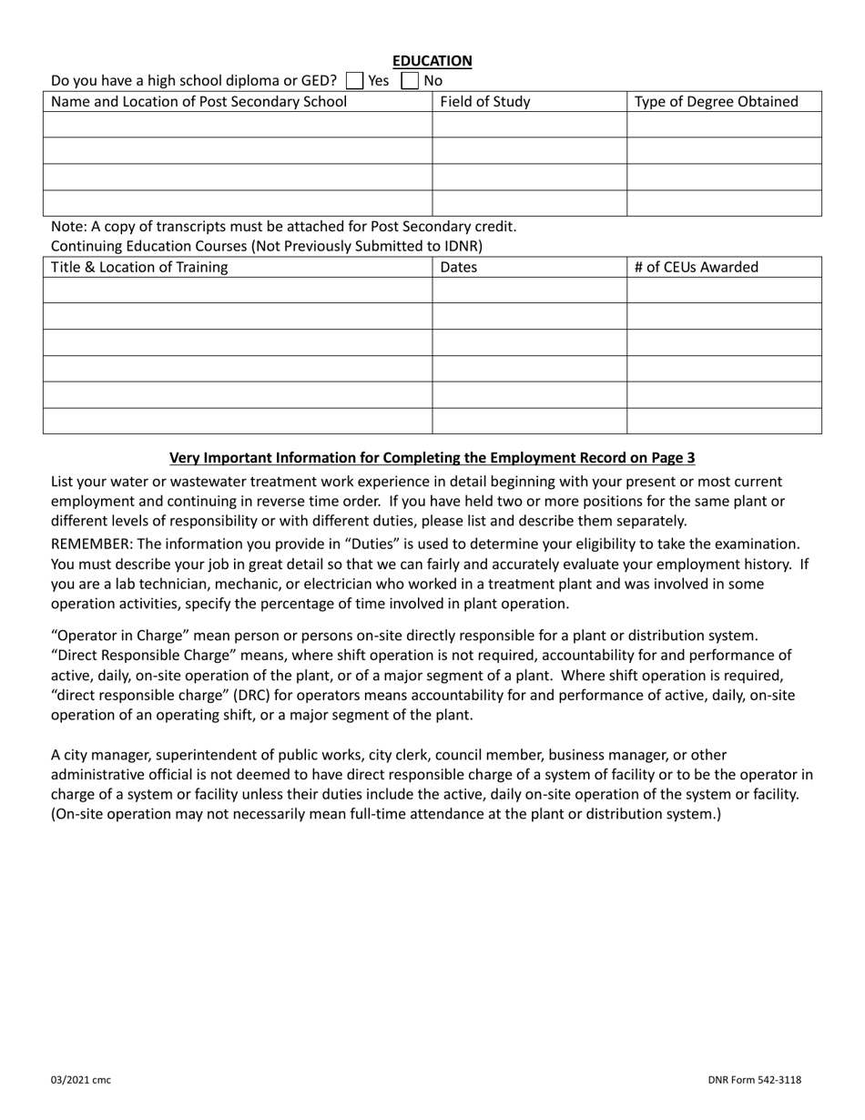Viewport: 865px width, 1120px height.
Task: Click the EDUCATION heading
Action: pos(432,61)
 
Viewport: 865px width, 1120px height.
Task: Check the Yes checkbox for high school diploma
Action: pos(354,80)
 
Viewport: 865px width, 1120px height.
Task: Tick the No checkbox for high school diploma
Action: pos(410,80)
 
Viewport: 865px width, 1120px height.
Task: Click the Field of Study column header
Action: pos(484,102)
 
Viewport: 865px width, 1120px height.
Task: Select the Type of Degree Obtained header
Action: pos(716,102)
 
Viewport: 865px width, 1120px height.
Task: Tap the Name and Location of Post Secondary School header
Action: pos(199,102)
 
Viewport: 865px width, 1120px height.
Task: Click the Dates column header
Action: pos(458,268)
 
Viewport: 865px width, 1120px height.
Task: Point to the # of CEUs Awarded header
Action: pos(696,268)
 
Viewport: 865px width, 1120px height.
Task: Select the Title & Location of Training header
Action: pos(140,268)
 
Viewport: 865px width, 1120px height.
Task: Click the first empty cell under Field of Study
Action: pos(528,125)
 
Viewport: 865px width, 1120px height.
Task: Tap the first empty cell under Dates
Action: pos(528,290)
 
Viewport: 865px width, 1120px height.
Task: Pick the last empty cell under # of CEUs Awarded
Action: pos(724,421)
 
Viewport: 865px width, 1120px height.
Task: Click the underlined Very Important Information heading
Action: pos(432,458)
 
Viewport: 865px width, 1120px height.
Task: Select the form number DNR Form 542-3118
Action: pos(754,1080)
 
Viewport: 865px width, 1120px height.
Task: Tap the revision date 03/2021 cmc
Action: pos(81,1080)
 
